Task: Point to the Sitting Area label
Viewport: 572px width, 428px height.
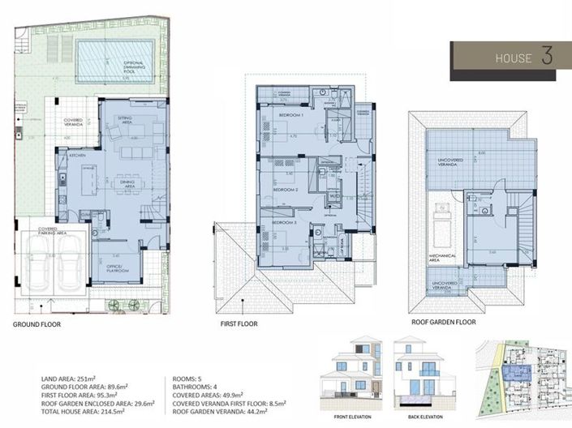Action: [126, 120]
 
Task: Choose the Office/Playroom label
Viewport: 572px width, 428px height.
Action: [114, 268]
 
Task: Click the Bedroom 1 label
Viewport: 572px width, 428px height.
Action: [291, 116]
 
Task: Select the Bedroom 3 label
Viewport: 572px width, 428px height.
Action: [282, 223]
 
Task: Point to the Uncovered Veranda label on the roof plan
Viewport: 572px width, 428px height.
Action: [450, 162]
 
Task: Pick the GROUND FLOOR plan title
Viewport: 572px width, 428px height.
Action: [37, 324]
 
